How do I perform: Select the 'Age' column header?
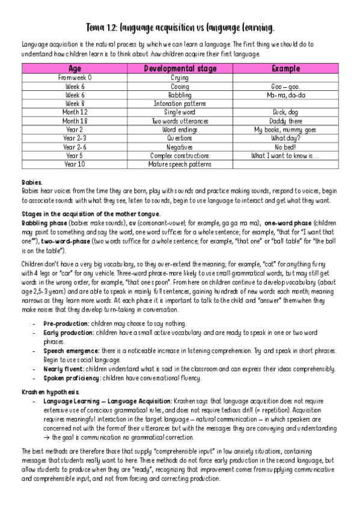coord(75,69)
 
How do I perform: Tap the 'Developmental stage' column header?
coord(180,69)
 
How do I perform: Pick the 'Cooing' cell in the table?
coord(180,86)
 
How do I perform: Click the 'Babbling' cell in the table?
coord(180,94)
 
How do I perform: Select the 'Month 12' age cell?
coord(75,112)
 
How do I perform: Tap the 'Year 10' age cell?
coord(75,164)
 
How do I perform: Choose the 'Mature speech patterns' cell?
coord(180,164)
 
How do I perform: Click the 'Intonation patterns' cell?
coord(180,103)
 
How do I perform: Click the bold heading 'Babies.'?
coord(32,181)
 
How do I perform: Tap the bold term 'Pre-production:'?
coord(66,324)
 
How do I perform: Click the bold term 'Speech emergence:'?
coord(69,351)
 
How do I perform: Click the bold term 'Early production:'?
coord(67,333)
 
